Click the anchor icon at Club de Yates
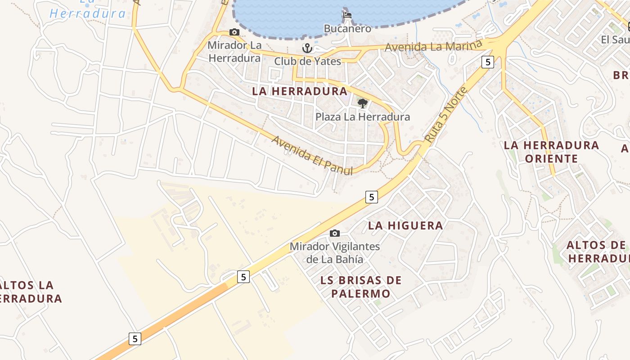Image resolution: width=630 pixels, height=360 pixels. pyautogui.click(x=307, y=48)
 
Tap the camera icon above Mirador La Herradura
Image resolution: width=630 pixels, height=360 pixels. pyautogui.click(x=234, y=32)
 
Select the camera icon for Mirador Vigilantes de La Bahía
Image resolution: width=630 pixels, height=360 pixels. pyautogui.click(x=335, y=233)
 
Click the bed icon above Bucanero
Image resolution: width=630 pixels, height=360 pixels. pyautogui.click(x=347, y=15)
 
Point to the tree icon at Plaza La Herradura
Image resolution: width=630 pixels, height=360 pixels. pyautogui.click(x=362, y=103)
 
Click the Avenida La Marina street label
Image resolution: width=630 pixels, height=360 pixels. pyautogui.click(x=434, y=46)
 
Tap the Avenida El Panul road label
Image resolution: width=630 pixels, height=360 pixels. pyautogui.click(x=312, y=153)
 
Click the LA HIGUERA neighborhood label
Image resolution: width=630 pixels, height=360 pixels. pyautogui.click(x=405, y=225)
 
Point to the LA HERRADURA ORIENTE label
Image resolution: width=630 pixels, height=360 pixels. pyautogui.click(x=551, y=152)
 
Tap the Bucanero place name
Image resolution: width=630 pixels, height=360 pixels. pyautogui.click(x=347, y=29)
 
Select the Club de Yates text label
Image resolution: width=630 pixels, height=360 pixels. pyautogui.click(x=308, y=61)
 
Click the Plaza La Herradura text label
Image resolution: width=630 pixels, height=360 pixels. pyautogui.click(x=363, y=117)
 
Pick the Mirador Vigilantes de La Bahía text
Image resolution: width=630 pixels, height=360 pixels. pyautogui.click(x=335, y=253)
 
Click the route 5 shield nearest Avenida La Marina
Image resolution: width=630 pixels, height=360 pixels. pyautogui.click(x=488, y=62)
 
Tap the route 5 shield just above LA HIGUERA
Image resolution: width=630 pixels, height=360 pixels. pyautogui.click(x=371, y=197)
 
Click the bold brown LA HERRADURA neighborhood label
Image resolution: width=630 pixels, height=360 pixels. pyautogui.click(x=300, y=91)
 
